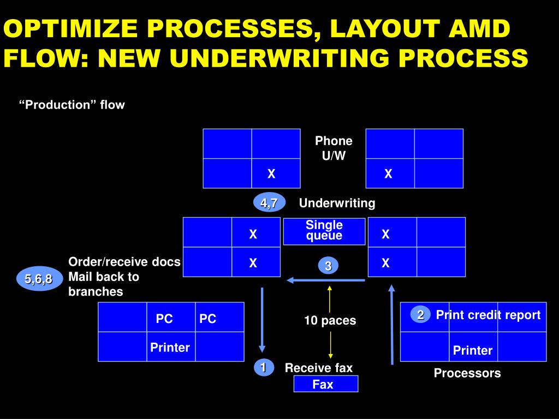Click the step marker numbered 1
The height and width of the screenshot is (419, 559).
[x=263, y=368]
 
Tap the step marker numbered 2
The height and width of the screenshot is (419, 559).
[x=420, y=315]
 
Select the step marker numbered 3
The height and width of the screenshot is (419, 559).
[x=328, y=266]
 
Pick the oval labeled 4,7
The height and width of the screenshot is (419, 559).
[x=269, y=203]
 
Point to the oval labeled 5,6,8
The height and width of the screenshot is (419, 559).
[x=38, y=279]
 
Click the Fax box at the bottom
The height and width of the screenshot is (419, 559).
[x=325, y=384]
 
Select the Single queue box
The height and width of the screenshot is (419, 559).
[x=324, y=231]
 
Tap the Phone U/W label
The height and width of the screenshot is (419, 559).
[x=334, y=148]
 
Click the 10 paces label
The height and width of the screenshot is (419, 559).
[x=330, y=321]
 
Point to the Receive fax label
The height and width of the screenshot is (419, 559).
[x=319, y=368]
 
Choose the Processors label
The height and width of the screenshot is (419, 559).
[x=467, y=373]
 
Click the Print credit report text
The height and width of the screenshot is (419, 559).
[x=488, y=315]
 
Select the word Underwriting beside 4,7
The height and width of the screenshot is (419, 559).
[x=337, y=203]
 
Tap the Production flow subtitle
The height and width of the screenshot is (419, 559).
[x=72, y=105]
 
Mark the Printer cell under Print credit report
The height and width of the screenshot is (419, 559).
[x=473, y=350]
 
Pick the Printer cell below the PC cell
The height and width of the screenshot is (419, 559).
[x=170, y=347]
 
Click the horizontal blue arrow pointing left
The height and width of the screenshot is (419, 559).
[x=326, y=280]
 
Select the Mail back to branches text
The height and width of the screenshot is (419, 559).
[x=104, y=284]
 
